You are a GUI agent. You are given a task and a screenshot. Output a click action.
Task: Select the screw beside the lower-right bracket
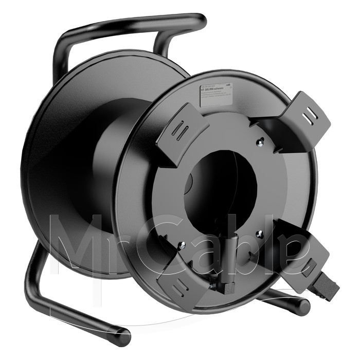(x=259, y=234)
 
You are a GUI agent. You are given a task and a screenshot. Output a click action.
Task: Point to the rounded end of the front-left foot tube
(x=123, y=337)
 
